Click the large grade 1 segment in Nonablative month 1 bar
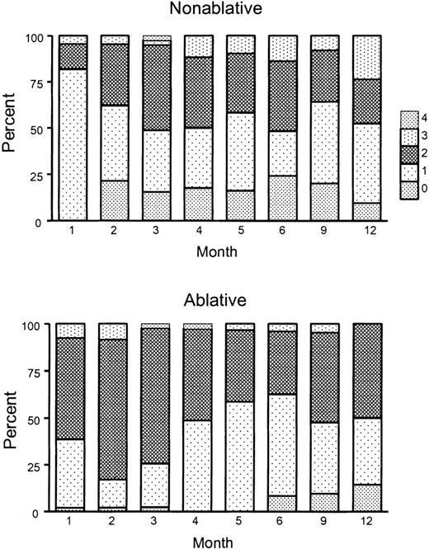coord(72,144)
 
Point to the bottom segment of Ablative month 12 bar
coord(367,497)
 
